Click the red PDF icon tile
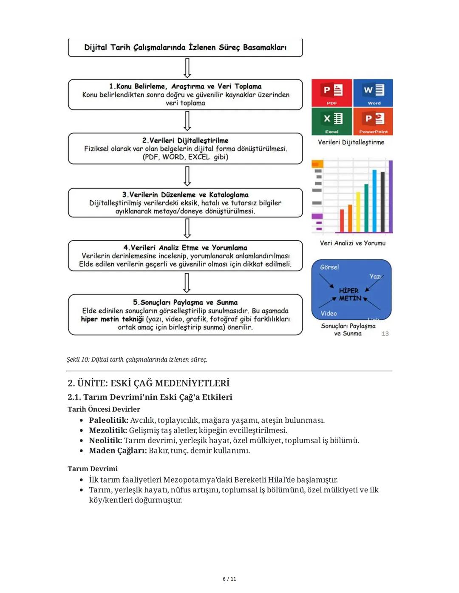[x=331, y=92]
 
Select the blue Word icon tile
[x=373, y=92]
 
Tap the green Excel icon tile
[x=331, y=121]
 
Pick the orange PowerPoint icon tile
[x=373, y=121]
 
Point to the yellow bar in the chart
[x=358, y=212]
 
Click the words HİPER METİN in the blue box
[x=349, y=294]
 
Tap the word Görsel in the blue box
[x=329, y=267]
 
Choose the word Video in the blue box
[x=329, y=313]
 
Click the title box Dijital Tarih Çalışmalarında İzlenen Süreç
[x=185, y=47]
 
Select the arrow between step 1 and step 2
[x=187, y=121]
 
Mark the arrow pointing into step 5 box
[x=187, y=283]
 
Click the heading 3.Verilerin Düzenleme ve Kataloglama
[x=185, y=194]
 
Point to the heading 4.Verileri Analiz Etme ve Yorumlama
[x=185, y=247]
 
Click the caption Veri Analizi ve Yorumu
[x=352, y=243]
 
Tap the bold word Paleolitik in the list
[x=108, y=420]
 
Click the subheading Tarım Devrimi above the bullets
[x=92, y=469]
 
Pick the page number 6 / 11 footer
[x=229, y=579]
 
